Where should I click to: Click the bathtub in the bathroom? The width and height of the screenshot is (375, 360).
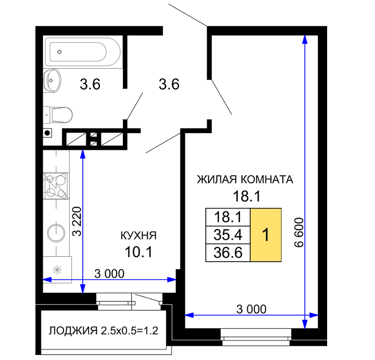click(x=83, y=52)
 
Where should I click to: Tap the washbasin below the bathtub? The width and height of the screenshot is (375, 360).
click(x=52, y=81)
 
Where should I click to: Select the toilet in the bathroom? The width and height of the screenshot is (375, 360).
click(x=58, y=115)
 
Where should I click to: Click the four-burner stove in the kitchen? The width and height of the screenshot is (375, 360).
click(x=56, y=186)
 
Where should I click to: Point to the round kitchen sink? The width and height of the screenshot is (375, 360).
click(x=56, y=233)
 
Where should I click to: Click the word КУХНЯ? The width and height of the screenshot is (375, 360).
click(x=139, y=235)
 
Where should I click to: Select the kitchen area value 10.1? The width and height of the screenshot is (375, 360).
click(x=139, y=252)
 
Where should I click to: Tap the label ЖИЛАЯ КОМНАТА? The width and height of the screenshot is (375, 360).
click(x=245, y=180)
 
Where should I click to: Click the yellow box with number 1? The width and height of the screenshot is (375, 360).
click(x=266, y=235)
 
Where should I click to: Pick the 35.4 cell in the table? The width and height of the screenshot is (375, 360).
click(x=228, y=235)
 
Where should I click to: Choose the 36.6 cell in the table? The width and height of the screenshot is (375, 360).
click(x=228, y=253)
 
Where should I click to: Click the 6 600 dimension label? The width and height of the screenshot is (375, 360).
click(x=299, y=232)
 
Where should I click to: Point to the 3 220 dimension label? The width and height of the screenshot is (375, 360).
click(x=77, y=221)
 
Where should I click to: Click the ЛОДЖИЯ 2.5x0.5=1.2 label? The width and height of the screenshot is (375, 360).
click(x=104, y=331)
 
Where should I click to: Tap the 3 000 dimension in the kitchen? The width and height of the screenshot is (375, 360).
click(x=109, y=274)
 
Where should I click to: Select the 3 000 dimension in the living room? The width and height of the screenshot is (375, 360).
click(x=251, y=309)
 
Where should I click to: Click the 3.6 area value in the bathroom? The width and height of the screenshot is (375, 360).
click(x=90, y=84)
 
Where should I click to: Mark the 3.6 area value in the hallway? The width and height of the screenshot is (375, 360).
click(x=169, y=84)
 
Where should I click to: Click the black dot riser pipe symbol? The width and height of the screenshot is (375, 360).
click(x=47, y=132)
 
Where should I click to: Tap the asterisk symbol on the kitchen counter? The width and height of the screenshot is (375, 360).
click(x=57, y=270)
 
